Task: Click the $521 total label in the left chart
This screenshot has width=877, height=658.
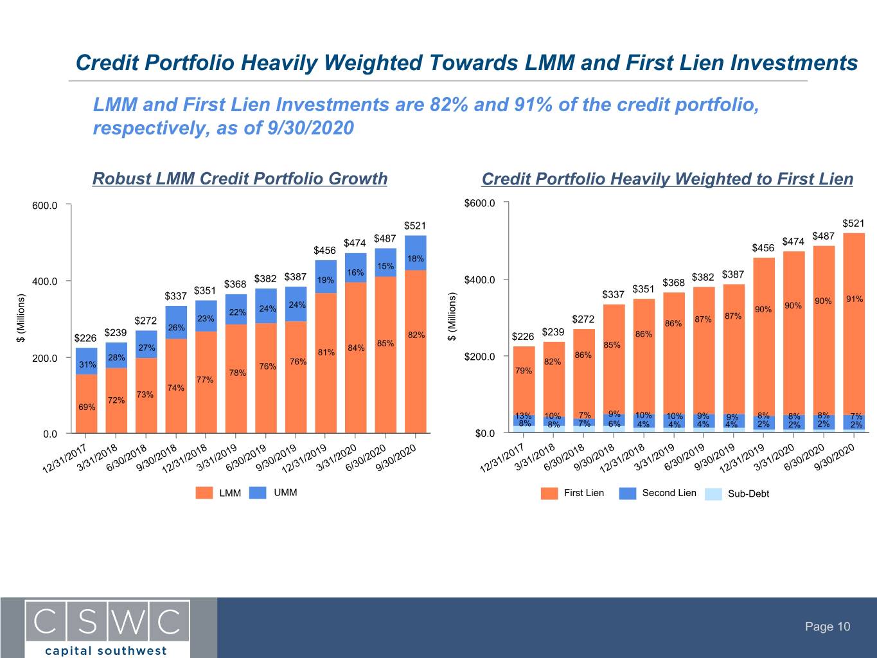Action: [x=414, y=226]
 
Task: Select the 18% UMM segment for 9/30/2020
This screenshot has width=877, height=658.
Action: [x=416, y=253]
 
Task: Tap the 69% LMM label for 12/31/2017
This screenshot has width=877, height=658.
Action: [x=87, y=407]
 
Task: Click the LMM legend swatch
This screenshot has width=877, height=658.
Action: [x=204, y=493]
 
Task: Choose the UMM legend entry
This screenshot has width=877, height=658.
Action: [x=273, y=493]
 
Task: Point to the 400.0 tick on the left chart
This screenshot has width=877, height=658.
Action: [x=45, y=281]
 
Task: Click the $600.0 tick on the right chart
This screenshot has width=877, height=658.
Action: [x=479, y=203]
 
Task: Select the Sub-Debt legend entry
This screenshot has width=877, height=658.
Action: [x=737, y=493]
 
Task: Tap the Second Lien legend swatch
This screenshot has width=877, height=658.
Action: [x=627, y=493]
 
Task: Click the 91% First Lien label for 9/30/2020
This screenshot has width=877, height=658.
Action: [x=855, y=299]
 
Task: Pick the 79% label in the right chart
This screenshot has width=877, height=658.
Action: [x=524, y=371]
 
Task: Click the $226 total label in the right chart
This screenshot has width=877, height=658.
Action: [x=523, y=337]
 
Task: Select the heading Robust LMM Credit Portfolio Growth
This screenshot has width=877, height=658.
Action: [x=240, y=179]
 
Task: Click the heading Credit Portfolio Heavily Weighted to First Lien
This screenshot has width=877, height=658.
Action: [x=668, y=179]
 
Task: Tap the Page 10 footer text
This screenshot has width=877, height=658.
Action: [x=828, y=627]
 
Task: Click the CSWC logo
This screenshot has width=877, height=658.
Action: [x=107, y=628]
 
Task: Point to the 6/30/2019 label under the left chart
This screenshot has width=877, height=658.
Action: [x=245, y=458]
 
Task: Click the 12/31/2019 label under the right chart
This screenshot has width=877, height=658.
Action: [x=741, y=459]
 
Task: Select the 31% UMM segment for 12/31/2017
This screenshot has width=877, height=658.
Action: [x=86, y=361]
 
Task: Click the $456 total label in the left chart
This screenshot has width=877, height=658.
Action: [x=324, y=251]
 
